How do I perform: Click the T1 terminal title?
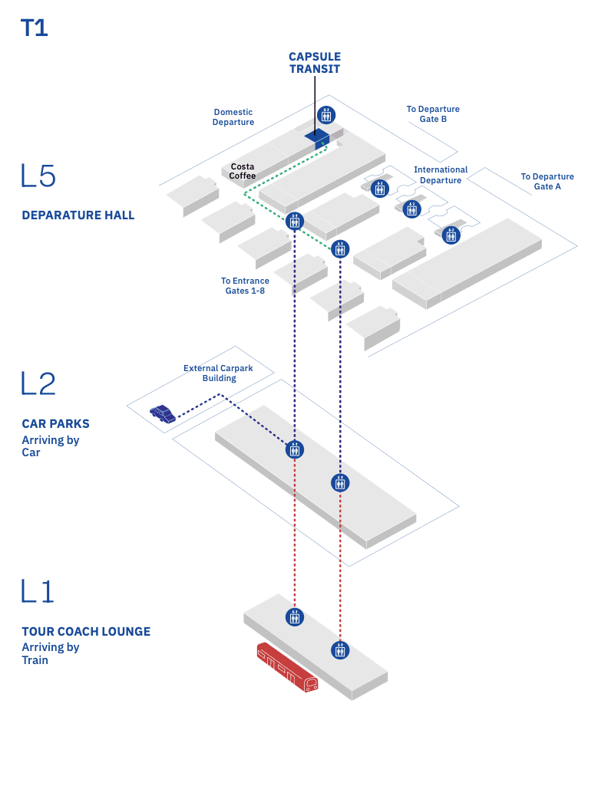pos(35,28)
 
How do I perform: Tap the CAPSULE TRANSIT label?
pos(314,63)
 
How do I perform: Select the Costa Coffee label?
pos(243,171)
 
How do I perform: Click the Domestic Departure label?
pos(233,117)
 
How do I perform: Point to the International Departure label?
pos(441,175)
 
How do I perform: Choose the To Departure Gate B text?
pos(433,114)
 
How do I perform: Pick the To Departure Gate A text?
pos(547,182)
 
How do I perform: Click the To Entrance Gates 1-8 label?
pos(245,286)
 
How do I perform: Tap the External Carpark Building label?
pos(218,373)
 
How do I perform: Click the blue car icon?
pos(163,414)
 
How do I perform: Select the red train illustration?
pos(287,668)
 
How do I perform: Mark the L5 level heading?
pos(39,176)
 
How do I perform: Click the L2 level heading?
pos(39,384)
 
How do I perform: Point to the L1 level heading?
pos(38,591)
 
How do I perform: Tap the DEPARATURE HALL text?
pos(78,215)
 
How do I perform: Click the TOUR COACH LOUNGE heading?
pos(86,632)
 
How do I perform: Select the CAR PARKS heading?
pos(55,423)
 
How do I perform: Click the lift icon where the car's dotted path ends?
pos(295,449)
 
